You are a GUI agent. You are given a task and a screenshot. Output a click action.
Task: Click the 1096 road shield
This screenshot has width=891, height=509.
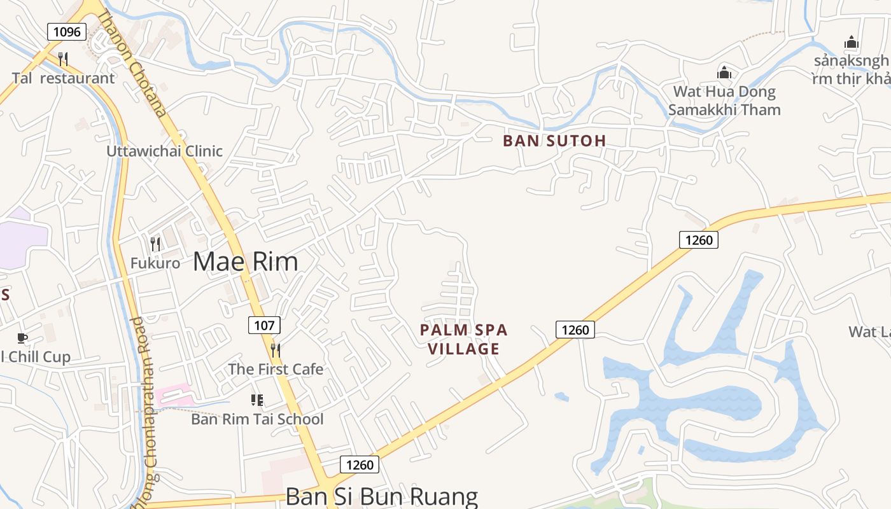67,32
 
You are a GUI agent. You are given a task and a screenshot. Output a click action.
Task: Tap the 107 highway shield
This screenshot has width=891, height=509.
264,326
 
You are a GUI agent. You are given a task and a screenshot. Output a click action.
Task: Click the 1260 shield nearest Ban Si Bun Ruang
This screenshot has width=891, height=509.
360,465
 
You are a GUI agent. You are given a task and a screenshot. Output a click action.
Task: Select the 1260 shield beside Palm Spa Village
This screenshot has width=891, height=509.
575,330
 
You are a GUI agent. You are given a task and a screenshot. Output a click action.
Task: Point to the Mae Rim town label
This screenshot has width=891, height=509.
245,261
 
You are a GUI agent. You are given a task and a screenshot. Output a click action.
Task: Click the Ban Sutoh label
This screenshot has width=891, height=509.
554,141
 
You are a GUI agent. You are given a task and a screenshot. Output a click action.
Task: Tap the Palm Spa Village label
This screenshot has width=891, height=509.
464,339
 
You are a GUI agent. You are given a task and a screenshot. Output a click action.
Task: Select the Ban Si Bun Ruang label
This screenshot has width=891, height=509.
381,496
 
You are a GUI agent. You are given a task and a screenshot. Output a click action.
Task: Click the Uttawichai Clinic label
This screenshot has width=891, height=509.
164,151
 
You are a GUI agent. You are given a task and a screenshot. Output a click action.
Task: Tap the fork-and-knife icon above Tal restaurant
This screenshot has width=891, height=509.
63,59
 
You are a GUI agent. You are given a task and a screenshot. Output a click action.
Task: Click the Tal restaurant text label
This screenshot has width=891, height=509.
63,78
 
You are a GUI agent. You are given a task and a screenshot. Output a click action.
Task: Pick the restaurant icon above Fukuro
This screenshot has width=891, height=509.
155,244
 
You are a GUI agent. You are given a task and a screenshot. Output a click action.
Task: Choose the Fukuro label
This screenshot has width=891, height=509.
155,263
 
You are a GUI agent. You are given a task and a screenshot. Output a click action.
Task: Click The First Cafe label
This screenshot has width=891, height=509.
276,369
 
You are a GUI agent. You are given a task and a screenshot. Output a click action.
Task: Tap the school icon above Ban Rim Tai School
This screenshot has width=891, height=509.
257,400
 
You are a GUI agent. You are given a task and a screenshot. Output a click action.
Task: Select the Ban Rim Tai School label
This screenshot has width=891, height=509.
257,419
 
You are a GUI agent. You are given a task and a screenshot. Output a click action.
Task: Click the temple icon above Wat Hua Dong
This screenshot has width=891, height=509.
724,73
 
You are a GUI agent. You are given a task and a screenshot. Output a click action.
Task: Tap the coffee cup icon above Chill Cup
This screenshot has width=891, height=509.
22,338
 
